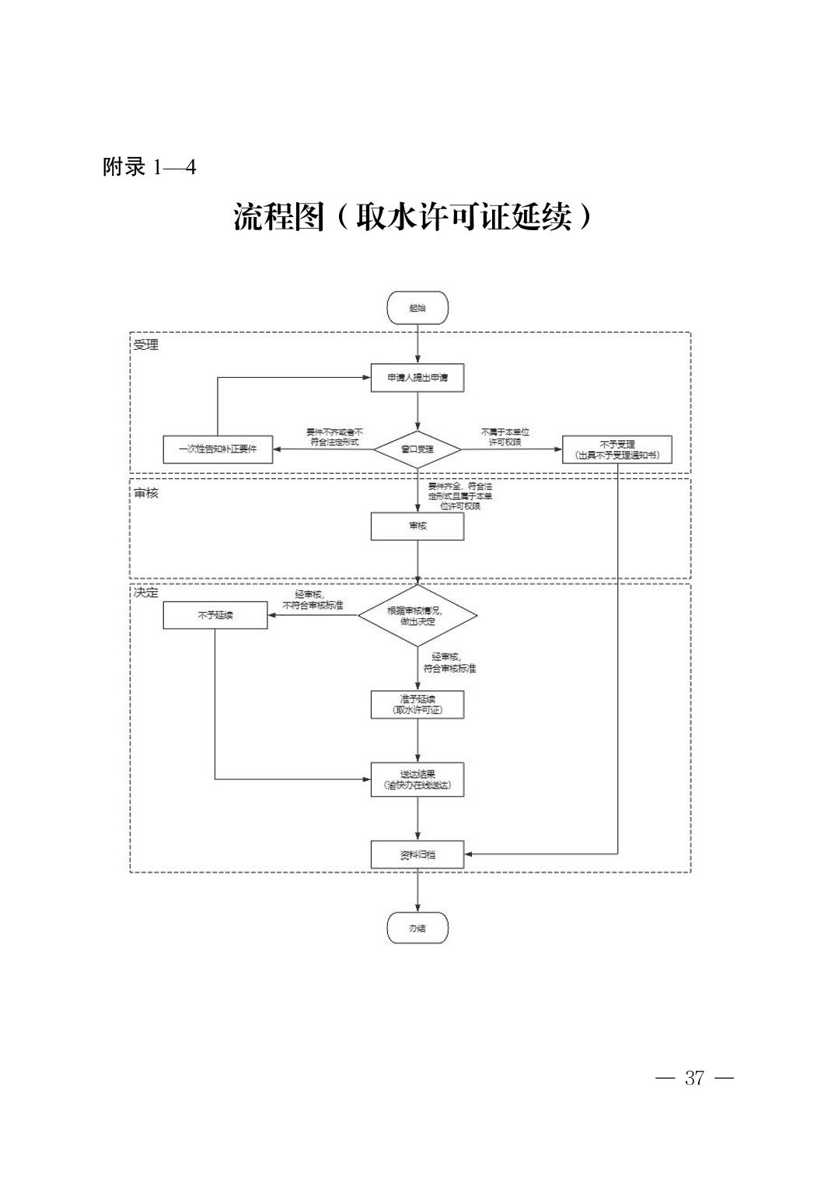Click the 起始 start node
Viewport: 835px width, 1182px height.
[417, 308]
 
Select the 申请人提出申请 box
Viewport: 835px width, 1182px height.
[417, 378]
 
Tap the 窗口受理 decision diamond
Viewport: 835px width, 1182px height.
[417, 449]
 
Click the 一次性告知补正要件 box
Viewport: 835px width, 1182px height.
[218, 449]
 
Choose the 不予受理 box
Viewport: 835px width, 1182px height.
[617, 449]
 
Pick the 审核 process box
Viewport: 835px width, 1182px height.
[417, 526]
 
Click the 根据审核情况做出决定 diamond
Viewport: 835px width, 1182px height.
[417, 616]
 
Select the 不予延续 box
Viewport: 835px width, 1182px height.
[215, 616]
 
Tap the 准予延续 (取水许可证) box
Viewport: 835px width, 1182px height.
[417, 705]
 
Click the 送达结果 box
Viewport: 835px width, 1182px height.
[417, 779]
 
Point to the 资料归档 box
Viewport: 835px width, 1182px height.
[417, 855]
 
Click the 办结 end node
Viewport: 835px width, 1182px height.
[417, 928]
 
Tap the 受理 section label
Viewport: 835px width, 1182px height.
[145, 344]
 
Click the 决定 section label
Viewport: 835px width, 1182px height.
[145, 593]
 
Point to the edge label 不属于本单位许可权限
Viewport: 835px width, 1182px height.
[505, 436]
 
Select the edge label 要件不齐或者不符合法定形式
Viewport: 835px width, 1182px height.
[334, 436]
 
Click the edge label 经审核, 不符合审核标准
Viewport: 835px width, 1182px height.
[313, 600]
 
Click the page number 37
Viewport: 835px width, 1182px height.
[694, 1078]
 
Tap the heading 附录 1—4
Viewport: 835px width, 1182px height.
[149, 167]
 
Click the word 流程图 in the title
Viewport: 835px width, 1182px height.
[278, 218]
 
